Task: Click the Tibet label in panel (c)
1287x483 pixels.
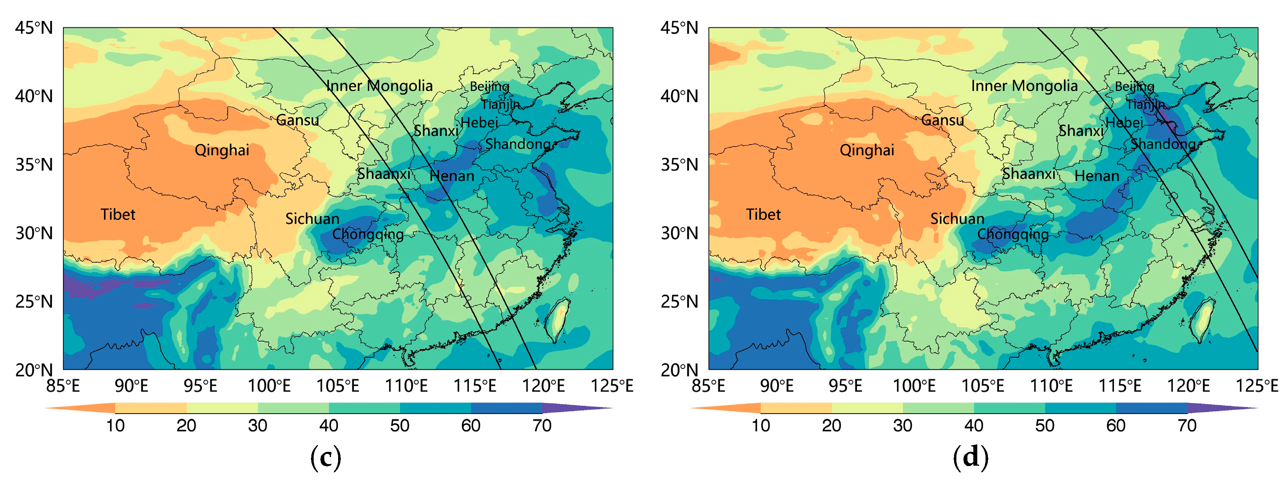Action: (x=118, y=214)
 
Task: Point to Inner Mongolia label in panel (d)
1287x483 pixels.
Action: (x=1024, y=86)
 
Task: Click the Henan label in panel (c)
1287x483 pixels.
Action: (x=452, y=176)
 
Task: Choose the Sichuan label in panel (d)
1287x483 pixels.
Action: (x=957, y=219)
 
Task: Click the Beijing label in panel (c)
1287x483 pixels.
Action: (x=489, y=86)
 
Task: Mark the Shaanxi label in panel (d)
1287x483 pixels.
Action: (x=1029, y=174)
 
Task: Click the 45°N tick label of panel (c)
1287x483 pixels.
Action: (x=33, y=28)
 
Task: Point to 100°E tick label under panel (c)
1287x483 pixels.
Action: (x=269, y=386)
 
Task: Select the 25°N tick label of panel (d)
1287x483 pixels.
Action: (x=679, y=302)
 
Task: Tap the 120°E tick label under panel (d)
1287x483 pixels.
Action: (x=1188, y=386)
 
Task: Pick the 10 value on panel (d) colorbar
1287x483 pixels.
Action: (x=761, y=425)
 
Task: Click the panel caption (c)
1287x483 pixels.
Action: (x=326, y=457)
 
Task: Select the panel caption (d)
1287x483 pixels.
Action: (x=970, y=457)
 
